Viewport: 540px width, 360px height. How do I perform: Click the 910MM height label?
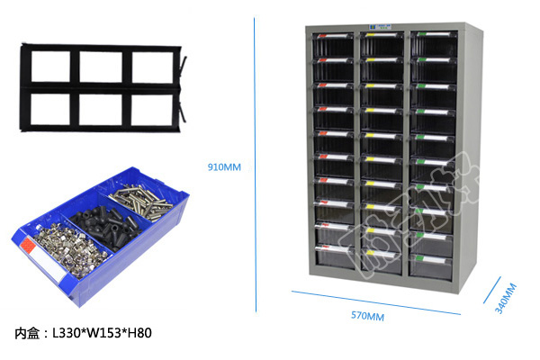coord(224,167)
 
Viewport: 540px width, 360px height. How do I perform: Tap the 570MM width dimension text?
coord(367,316)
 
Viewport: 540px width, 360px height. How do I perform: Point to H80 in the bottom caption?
coord(138,333)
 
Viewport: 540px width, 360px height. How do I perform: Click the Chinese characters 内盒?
coord(28,333)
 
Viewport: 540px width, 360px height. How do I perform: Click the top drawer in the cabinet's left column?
coord(335,43)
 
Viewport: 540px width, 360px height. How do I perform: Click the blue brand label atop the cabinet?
coord(385,27)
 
